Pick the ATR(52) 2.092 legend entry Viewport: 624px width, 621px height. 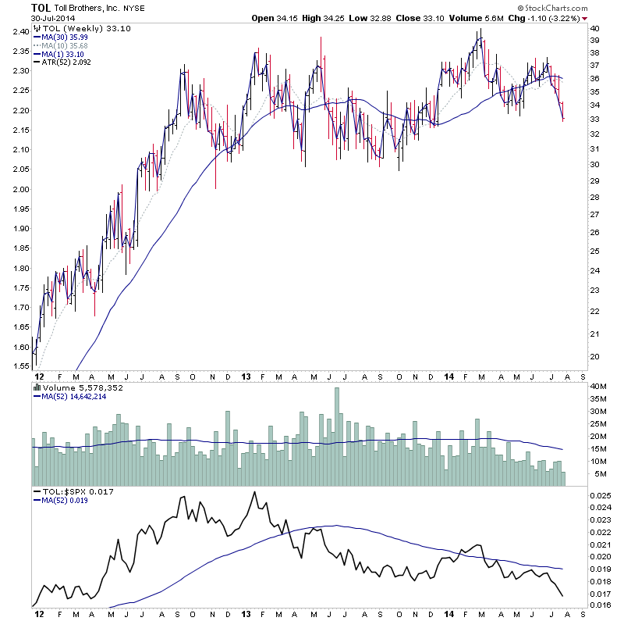tap(66, 62)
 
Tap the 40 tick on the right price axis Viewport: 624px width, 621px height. tap(594, 28)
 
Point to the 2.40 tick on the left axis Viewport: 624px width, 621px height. tap(21, 32)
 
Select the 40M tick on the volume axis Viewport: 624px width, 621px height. tap(598, 387)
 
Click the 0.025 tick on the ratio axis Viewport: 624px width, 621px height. tap(601, 495)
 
